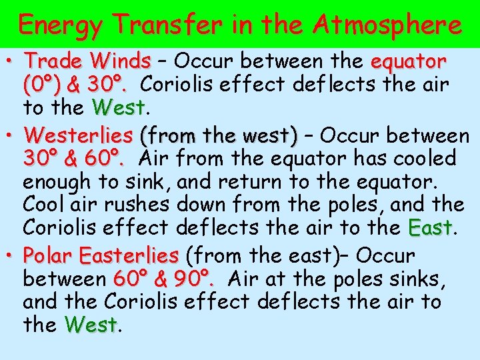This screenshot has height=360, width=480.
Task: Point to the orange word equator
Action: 408,62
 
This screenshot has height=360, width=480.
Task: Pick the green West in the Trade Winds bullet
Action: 119,107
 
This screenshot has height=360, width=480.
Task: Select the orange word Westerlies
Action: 78,136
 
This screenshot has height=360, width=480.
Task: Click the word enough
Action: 61,181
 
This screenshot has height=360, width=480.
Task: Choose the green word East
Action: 430,227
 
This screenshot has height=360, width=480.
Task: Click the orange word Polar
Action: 47,255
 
